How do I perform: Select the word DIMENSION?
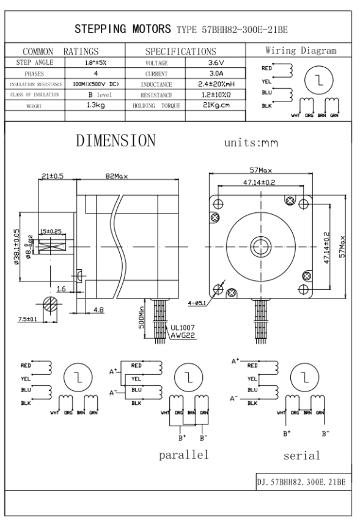click(116, 140)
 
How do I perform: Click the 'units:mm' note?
click(251, 143)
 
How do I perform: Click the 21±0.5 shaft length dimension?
click(53, 176)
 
